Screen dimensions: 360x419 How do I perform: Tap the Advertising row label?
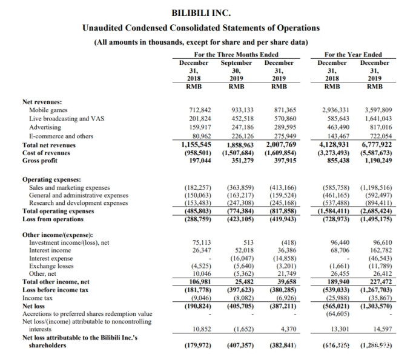point(46,127)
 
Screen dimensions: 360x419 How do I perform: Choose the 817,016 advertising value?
point(380,127)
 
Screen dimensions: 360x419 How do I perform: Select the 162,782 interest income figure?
point(380,250)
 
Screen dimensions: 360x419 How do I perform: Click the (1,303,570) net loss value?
point(375,305)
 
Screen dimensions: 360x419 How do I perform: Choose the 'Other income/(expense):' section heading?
point(57,234)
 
